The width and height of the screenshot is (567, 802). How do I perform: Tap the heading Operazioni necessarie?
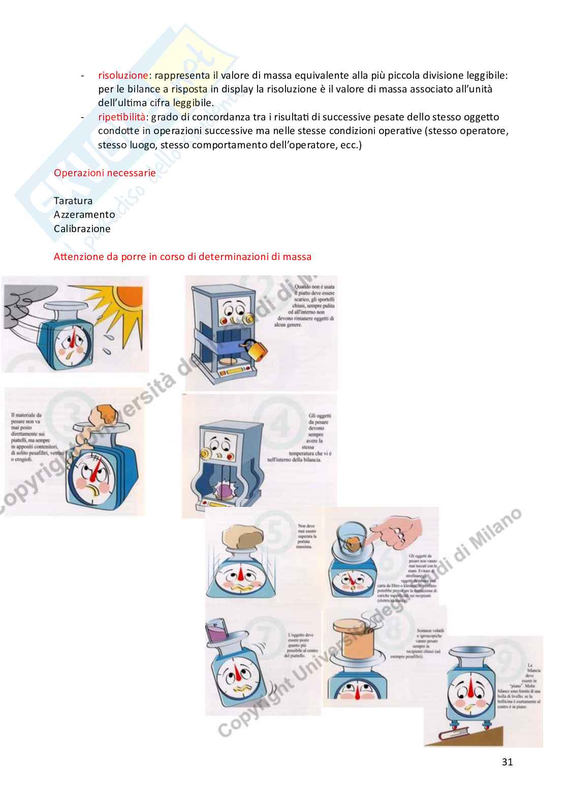pos(105,173)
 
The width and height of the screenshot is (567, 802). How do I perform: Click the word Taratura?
pos(73,201)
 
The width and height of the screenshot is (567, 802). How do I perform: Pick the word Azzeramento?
pos(84,214)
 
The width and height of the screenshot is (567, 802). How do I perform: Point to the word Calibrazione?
pos(82,229)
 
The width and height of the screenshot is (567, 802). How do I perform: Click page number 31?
pos(507,762)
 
